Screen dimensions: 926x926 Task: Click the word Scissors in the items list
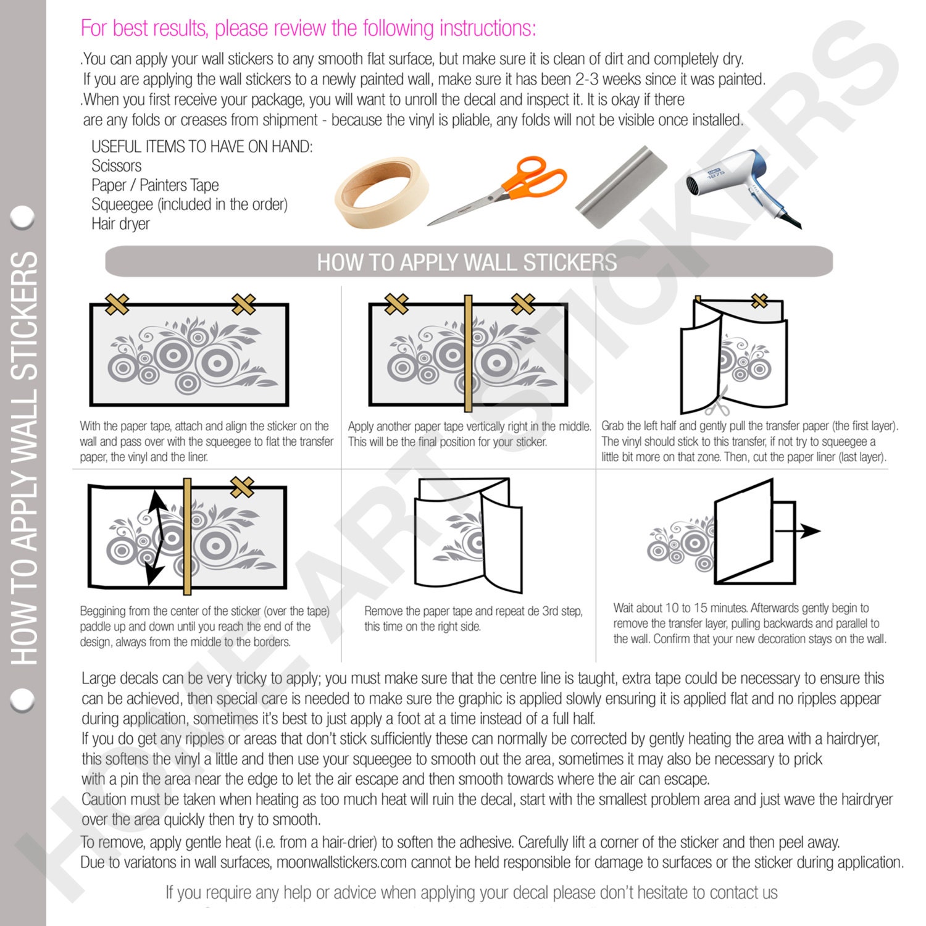pyautogui.click(x=116, y=166)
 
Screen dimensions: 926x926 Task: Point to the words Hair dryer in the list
pyautogui.click(x=120, y=224)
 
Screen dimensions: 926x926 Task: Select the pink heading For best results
pyautogui.click(x=308, y=28)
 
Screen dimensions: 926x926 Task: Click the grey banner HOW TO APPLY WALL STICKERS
pyautogui.click(x=469, y=262)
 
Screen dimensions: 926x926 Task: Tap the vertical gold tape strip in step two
pyautogui.click(x=468, y=353)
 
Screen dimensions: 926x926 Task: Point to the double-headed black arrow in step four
pyautogui.click(x=155, y=536)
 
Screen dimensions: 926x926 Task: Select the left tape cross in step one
pyautogui.click(x=117, y=304)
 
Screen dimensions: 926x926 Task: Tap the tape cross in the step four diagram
pyautogui.click(x=242, y=487)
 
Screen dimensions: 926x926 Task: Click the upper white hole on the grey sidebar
pyautogui.click(x=23, y=217)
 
